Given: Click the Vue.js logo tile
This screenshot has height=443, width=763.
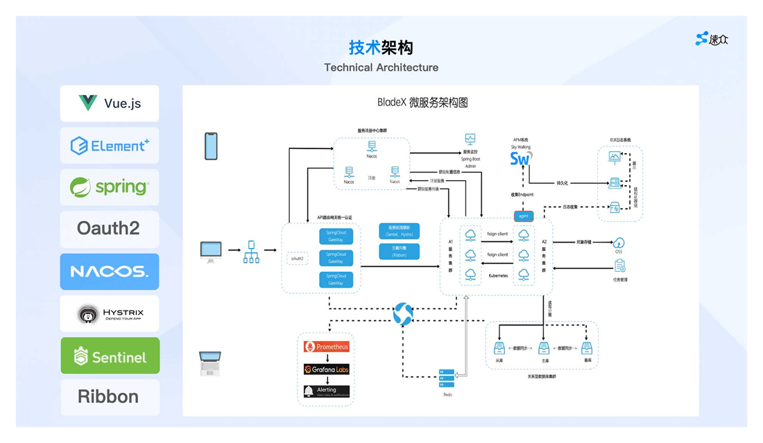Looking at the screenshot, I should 110,103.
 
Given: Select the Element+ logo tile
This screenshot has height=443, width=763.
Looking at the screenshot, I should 110,146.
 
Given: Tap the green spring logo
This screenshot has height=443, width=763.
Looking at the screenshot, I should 110,187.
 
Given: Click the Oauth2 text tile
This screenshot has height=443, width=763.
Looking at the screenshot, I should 110,229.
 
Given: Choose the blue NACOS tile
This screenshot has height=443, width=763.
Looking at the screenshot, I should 110,271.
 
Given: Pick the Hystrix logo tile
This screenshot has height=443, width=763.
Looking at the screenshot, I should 110,313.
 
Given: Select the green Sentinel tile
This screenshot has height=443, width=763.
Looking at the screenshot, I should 110,356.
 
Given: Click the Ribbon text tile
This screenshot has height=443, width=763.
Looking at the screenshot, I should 110,397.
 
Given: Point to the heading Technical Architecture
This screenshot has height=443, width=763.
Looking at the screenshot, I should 381,67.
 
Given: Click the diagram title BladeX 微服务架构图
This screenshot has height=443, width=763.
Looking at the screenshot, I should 422,103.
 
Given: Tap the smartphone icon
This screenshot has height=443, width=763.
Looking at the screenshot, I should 211,146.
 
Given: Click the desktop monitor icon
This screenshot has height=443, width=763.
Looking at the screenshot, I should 211,251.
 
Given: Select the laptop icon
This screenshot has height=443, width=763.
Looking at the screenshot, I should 210,363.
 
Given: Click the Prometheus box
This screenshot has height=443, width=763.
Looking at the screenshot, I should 326,347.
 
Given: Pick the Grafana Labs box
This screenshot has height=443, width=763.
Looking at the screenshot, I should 326,369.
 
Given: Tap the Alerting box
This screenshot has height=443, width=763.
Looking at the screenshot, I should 326,391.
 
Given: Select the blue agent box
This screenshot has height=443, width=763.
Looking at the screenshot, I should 524,216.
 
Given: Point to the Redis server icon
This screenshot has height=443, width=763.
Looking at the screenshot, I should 447,379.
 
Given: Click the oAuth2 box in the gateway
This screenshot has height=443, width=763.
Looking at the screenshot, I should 298,259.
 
